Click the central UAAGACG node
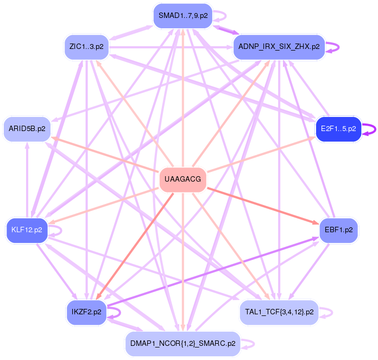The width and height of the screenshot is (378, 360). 182,179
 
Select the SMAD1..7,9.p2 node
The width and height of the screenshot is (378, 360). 182,16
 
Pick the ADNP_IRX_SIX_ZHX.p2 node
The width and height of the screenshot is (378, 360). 279,47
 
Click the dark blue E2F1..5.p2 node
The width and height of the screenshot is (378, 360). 338,129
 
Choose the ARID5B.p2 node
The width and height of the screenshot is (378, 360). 27,129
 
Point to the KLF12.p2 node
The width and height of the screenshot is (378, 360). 27,229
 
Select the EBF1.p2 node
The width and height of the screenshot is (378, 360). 338,229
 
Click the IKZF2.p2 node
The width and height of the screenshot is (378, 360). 86,312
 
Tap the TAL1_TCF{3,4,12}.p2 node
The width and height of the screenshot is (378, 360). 279,312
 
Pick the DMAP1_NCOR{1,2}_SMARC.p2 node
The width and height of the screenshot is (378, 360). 182,344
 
